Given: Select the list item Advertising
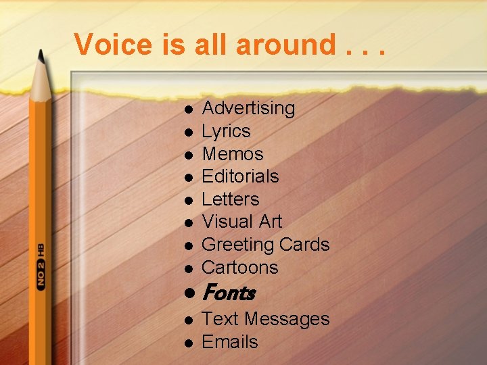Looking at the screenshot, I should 248,108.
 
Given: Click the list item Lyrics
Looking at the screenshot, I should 226,131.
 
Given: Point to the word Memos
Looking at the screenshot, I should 232,154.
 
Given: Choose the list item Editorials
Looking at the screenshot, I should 240,176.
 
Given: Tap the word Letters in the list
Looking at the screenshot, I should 230,199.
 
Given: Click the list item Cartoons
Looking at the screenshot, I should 239,268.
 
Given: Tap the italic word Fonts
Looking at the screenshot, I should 228,293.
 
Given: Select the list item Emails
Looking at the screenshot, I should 229,342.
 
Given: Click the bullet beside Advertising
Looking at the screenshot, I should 190,109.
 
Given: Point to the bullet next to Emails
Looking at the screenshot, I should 190,343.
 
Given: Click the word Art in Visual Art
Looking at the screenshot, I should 270,222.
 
